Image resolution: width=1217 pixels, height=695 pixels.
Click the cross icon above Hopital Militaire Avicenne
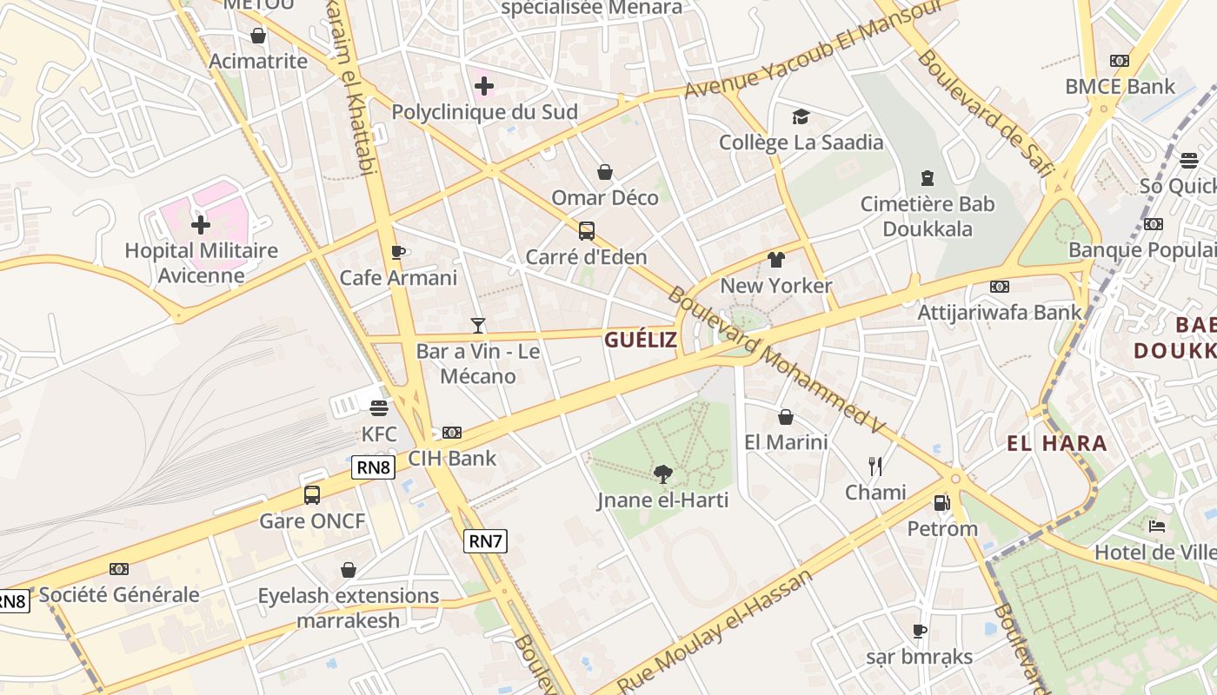pyautogui.click(x=201, y=225)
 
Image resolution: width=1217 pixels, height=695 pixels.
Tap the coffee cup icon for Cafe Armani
pyautogui.click(x=398, y=253)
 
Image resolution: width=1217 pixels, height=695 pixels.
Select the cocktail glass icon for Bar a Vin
pyautogui.click(x=477, y=326)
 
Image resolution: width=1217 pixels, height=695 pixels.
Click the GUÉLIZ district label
pyautogui.click(x=641, y=340)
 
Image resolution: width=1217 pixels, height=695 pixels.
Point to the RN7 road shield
pyautogui.click(x=485, y=541)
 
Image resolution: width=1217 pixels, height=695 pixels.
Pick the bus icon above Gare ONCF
pyautogui.click(x=311, y=495)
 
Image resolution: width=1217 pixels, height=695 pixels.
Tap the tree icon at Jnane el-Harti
pyautogui.click(x=662, y=474)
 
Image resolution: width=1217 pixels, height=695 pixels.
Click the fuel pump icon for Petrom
pyautogui.click(x=941, y=503)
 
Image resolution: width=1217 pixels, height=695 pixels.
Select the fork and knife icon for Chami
pyautogui.click(x=875, y=467)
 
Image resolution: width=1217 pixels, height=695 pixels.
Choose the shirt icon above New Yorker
pyautogui.click(x=776, y=260)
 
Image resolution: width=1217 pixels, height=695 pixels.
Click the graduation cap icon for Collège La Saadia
pyautogui.click(x=800, y=116)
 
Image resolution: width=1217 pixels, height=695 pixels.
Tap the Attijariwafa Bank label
pyautogui.click(x=1000, y=312)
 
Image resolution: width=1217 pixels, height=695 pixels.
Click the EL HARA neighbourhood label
pyautogui.click(x=1057, y=444)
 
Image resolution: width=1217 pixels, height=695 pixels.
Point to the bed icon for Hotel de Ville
pyautogui.click(x=1156, y=526)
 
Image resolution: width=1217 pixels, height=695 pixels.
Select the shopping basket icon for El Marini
pyautogui.click(x=786, y=417)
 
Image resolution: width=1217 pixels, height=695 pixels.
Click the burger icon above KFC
pyautogui.click(x=378, y=408)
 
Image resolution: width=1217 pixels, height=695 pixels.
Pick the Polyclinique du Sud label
pyautogui.click(x=484, y=112)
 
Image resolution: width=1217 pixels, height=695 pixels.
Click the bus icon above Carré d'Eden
pyautogui.click(x=587, y=231)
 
